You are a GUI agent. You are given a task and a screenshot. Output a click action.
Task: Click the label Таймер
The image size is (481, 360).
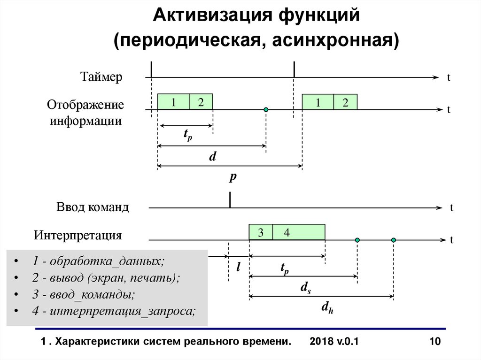point(101,77)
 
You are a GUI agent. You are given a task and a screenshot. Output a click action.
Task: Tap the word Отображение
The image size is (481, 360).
point(85,104)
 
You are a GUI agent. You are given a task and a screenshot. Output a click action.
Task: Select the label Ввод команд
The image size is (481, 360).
point(93,207)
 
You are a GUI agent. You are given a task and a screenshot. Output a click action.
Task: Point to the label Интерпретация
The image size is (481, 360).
point(78,235)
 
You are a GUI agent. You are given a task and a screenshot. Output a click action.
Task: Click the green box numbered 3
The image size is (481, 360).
point(261,232)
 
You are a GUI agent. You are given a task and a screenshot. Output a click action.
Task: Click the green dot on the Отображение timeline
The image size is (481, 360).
point(266,109)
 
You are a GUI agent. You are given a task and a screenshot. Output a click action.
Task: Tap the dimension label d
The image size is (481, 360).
point(212,157)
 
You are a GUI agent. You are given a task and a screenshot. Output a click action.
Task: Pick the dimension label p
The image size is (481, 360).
point(232,177)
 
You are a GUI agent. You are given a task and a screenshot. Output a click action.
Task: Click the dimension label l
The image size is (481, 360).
point(238,268)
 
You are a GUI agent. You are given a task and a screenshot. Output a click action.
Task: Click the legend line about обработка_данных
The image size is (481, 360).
point(99,261)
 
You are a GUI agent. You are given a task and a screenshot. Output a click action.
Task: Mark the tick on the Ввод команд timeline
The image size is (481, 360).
point(230,200)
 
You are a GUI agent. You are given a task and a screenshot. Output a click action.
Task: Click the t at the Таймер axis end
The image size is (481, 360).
point(449,78)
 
